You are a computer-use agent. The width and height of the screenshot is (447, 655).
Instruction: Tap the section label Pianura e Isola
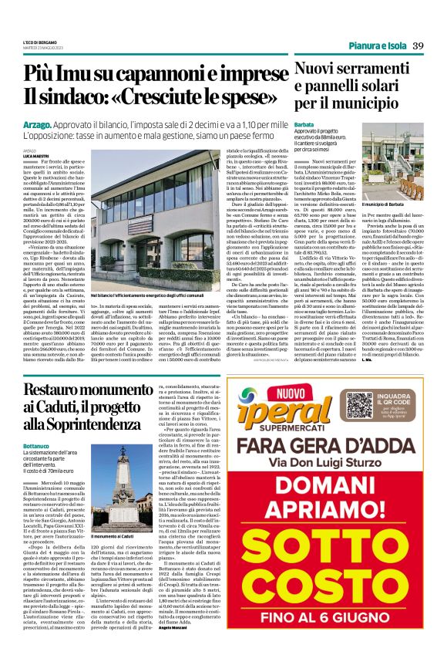(375, 46)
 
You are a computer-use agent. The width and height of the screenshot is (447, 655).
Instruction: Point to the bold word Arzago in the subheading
(38, 124)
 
